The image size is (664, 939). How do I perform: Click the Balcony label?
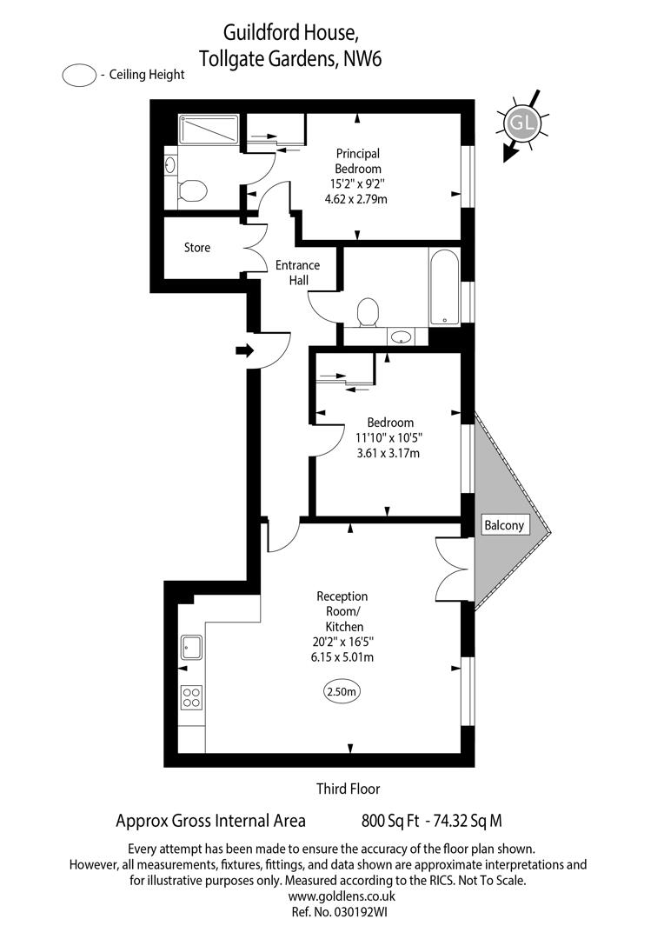click(503, 525)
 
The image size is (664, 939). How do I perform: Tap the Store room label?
click(197, 248)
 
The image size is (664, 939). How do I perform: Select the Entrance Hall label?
click(297, 273)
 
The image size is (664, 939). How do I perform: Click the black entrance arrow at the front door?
click(244, 351)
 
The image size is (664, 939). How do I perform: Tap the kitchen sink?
click(191, 648)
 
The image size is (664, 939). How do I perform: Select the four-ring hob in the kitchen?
click(191, 697)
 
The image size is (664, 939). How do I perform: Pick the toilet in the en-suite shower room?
click(192, 189)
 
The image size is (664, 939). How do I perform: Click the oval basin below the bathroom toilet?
click(400, 336)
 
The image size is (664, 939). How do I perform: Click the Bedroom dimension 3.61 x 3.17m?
click(390, 452)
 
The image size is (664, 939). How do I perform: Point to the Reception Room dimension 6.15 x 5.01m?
click(342, 657)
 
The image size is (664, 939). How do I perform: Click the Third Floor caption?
click(348, 789)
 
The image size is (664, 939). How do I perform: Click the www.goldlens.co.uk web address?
click(342, 896)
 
